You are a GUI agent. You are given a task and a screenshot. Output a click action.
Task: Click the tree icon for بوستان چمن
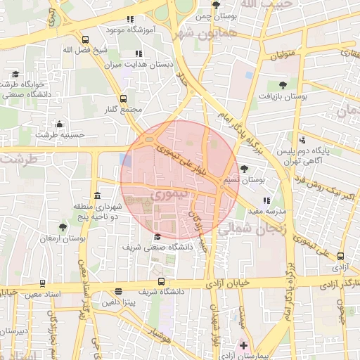(x=205, y=6)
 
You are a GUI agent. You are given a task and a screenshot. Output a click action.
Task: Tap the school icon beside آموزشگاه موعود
(x=129, y=20)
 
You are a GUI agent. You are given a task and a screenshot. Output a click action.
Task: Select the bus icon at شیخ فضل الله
(x=85, y=40)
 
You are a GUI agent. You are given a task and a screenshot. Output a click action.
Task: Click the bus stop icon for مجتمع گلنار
(x=123, y=99)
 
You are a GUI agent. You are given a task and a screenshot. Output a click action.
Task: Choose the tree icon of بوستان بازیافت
(x=283, y=85)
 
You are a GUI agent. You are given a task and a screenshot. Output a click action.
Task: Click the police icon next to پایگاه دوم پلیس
(x=302, y=140)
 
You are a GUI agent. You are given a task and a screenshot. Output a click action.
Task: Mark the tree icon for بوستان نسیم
(x=244, y=169)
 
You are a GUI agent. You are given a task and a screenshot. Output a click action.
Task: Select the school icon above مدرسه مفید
(x=266, y=200)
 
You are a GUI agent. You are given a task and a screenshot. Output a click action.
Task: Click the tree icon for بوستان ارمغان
(x=63, y=227)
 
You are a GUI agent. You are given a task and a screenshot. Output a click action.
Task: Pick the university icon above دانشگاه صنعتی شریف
(x=156, y=236)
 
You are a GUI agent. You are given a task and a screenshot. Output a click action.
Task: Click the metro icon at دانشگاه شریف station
(x=117, y=290)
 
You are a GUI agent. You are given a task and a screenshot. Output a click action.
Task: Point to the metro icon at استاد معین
(x=43, y=283)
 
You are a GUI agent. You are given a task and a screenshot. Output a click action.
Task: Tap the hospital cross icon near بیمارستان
(x=243, y=345)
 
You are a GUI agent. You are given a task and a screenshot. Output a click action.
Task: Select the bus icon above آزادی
(x=341, y=257)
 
